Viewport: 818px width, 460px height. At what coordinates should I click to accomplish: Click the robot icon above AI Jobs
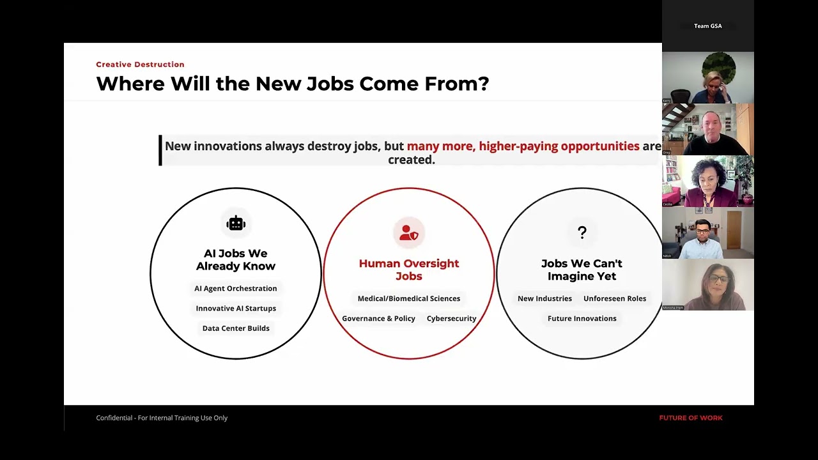pyautogui.click(x=236, y=223)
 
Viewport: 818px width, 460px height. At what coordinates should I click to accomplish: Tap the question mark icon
pyautogui.click(x=582, y=233)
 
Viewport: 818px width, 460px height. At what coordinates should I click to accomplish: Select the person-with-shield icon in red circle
pyautogui.click(x=408, y=233)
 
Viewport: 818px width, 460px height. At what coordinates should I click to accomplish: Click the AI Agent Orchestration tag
pyautogui.click(x=236, y=289)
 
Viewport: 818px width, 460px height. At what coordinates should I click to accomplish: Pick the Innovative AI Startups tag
pyautogui.click(x=236, y=309)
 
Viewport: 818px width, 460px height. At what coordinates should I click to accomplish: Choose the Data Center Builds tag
pyautogui.click(x=236, y=328)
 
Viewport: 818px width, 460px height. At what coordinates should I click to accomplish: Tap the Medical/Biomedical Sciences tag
pyautogui.click(x=409, y=298)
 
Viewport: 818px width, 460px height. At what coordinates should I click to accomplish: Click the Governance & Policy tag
pyautogui.click(x=378, y=318)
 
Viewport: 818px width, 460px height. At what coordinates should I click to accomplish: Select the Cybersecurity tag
pyautogui.click(x=451, y=318)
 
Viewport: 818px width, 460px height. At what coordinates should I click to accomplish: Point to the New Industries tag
pyautogui.click(x=544, y=298)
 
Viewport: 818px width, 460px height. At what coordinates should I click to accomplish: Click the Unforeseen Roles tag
pyautogui.click(x=614, y=298)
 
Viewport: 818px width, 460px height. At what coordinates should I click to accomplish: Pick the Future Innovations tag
pyautogui.click(x=582, y=318)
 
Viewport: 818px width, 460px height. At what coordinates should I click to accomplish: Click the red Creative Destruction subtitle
pyautogui.click(x=140, y=65)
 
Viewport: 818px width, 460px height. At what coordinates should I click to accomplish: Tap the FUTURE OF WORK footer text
pyautogui.click(x=690, y=418)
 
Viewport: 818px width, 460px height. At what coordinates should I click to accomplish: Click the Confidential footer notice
pyautogui.click(x=162, y=418)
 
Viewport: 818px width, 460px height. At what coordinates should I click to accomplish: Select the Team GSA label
pyautogui.click(x=707, y=26)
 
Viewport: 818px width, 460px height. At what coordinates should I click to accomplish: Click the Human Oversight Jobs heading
pyautogui.click(x=409, y=270)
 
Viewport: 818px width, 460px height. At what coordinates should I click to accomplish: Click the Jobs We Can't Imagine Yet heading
pyautogui.click(x=582, y=270)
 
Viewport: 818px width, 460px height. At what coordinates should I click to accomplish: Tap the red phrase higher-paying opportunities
pyautogui.click(x=559, y=146)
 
